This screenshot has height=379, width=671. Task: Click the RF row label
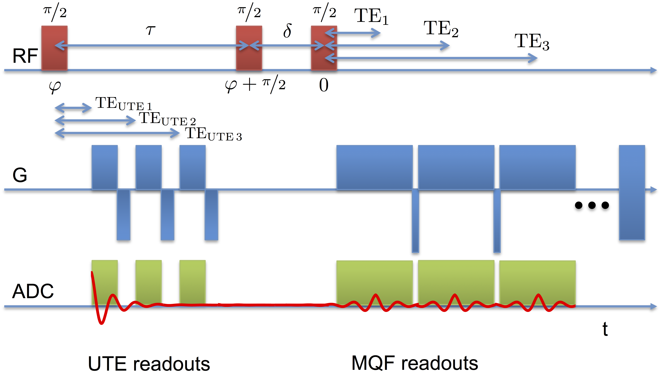point(25,56)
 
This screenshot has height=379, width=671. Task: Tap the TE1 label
point(371,16)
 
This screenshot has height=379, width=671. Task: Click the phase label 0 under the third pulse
point(324,85)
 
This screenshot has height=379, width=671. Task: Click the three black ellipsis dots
point(592,205)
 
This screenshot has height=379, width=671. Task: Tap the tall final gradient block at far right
point(632,192)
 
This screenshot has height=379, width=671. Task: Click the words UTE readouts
point(149,364)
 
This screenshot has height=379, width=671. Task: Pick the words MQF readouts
point(415,363)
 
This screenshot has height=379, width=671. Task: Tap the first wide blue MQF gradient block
point(374,167)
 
